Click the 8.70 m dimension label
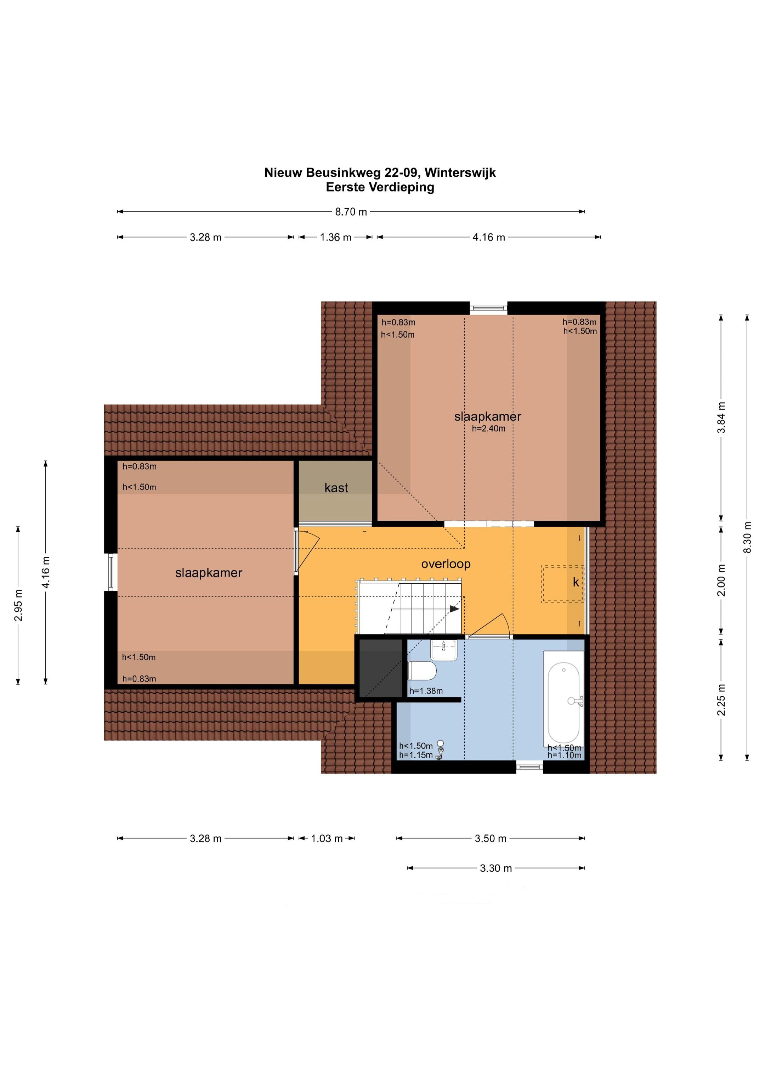click(x=351, y=212)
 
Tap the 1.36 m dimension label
click(x=336, y=238)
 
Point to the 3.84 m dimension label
click(x=721, y=418)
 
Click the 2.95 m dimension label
click(x=18, y=605)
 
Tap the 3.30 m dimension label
click(x=495, y=868)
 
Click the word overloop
click(x=446, y=564)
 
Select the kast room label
click(x=336, y=488)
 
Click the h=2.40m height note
click(x=488, y=429)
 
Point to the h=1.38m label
click(x=426, y=691)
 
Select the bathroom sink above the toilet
click(x=444, y=650)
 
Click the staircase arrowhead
click(x=454, y=608)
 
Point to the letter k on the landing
click(x=576, y=583)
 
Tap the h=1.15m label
click(x=416, y=755)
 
